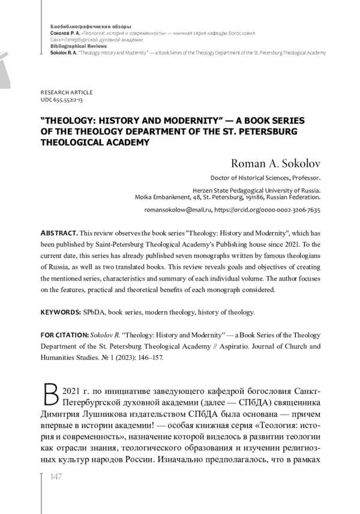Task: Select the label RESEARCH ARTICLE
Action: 66,92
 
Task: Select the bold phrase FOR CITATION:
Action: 64,335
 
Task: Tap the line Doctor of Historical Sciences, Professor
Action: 265,178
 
